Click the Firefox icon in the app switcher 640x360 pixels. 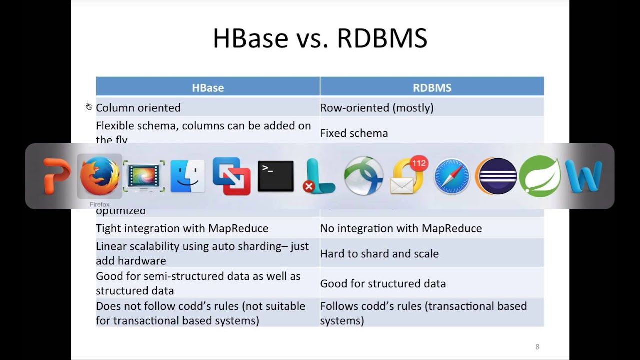(100, 176)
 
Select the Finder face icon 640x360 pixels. (187, 176)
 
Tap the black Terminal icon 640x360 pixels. (275, 176)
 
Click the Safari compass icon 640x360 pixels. (452, 176)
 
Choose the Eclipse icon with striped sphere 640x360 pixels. (496, 176)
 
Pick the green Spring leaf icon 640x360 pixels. (540, 176)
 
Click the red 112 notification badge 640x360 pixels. (419, 163)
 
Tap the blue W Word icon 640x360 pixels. (583, 176)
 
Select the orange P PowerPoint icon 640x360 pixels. (56, 176)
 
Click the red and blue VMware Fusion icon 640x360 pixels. (231, 176)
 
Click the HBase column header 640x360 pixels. (208, 88)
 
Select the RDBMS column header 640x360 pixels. (432, 88)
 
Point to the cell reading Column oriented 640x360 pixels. (138, 108)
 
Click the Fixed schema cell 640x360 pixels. (354, 133)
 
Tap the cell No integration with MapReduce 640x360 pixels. (401, 228)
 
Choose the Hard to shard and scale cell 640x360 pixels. (379, 254)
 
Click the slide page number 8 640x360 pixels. (537, 347)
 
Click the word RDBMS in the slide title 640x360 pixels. (382, 38)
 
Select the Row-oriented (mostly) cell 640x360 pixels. (377, 108)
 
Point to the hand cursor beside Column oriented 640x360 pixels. (89, 106)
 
